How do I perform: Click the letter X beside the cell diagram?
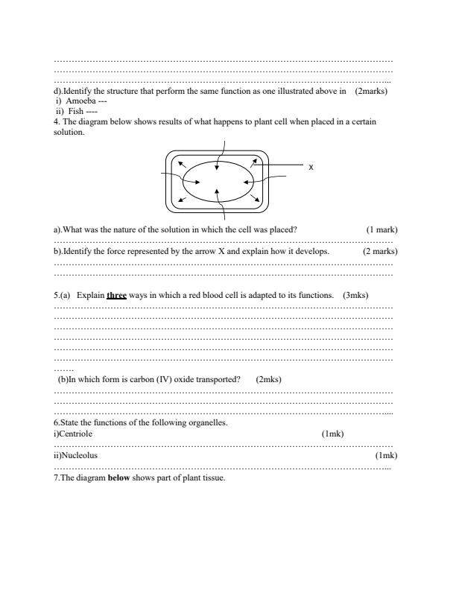click(311, 168)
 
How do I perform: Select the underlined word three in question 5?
click(116, 295)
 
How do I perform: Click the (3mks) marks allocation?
click(356, 295)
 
